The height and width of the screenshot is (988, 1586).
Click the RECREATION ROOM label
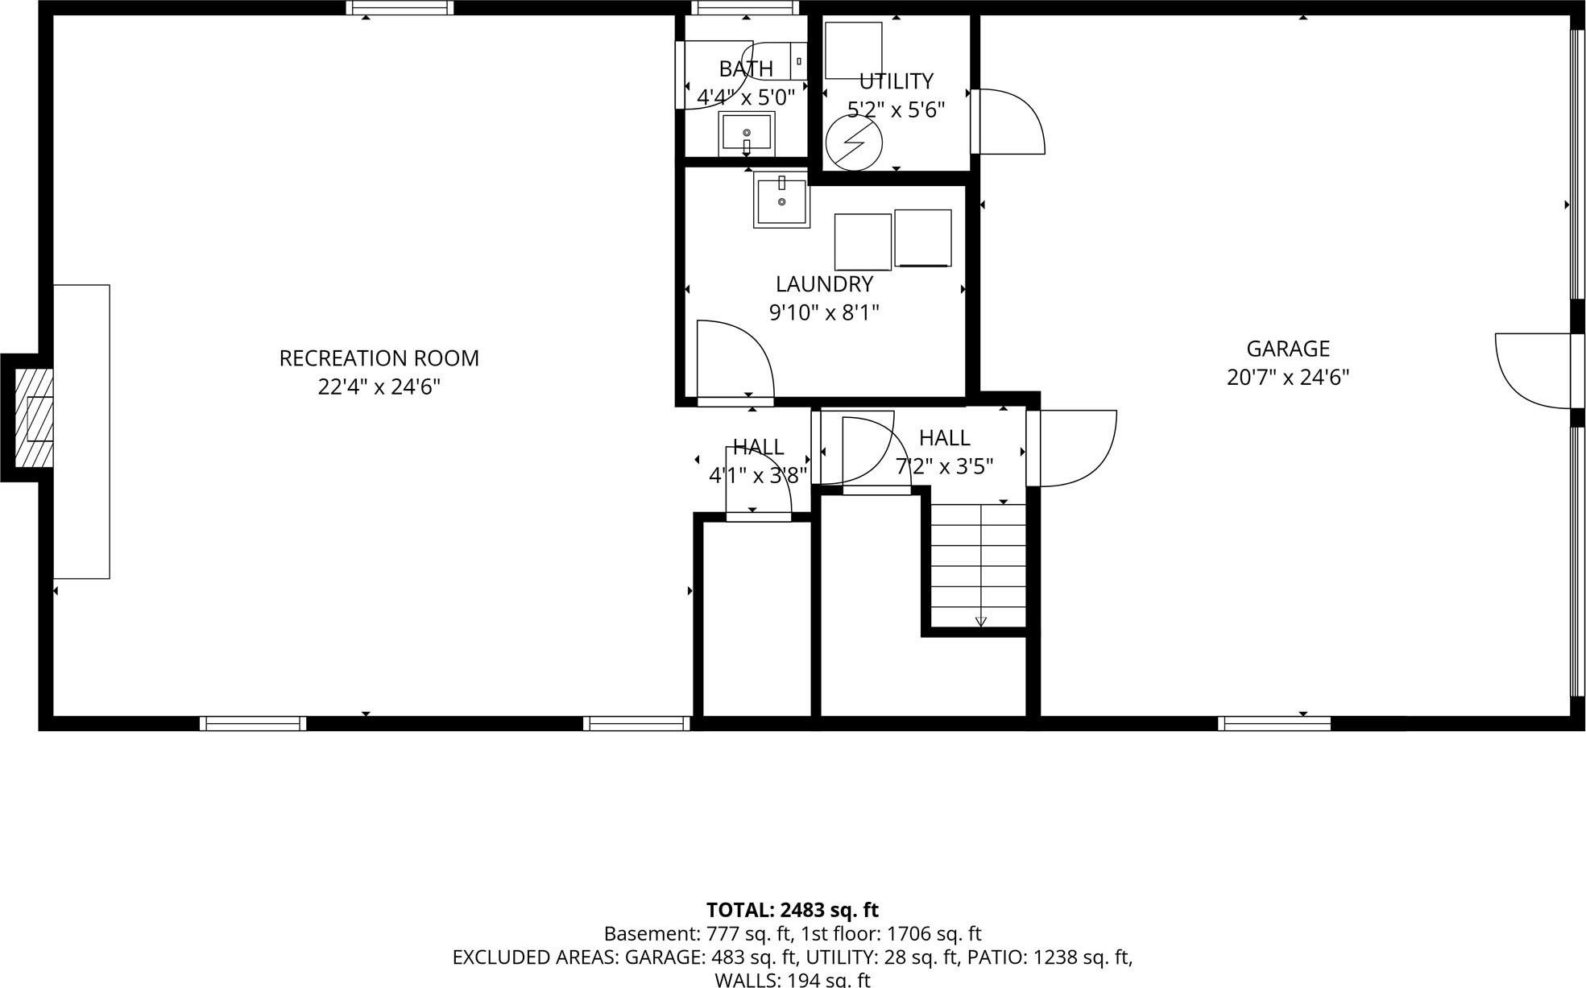pyautogui.click(x=379, y=358)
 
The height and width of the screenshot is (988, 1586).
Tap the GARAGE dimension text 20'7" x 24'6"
pyautogui.click(x=1287, y=378)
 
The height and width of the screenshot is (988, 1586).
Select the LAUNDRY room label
pyautogui.click(x=824, y=284)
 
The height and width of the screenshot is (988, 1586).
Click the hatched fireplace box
pyautogui.click(x=34, y=418)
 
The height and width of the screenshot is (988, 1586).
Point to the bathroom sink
pyautogui.click(x=747, y=134)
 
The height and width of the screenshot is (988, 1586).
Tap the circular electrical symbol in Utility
pyautogui.click(x=854, y=143)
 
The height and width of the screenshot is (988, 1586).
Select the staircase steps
pyautogui.click(x=979, y=564)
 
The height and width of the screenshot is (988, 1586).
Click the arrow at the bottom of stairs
pyautogui.click(x=980, y=621)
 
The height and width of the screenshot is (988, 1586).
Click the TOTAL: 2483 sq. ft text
pyautogui.click(x=792, y=910)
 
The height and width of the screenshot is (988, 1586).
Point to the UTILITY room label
pyautogui.click(x=896, y=81)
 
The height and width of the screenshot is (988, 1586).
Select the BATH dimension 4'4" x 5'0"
pyautogui.click(x=745, y=97)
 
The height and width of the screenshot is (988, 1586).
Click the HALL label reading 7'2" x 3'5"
pyautogui.click(x=944, y=466)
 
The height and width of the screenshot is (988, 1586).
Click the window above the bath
pyautogui.click(x=745, y=8)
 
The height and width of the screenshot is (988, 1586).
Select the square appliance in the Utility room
pyautogui.click(x=853, y=50)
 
